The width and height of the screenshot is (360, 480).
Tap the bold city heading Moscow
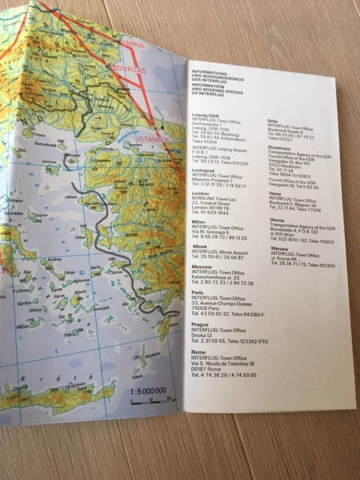coord(202,266)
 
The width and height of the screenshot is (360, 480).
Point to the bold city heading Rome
coord(199,352)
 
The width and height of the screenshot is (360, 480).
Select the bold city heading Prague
coord(200,323)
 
